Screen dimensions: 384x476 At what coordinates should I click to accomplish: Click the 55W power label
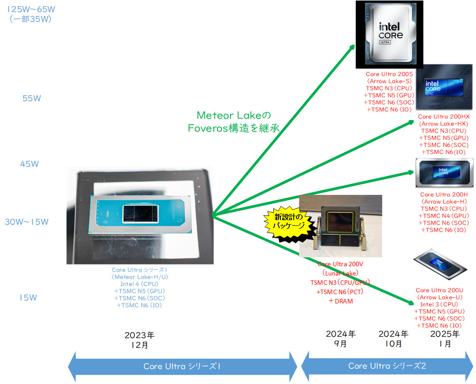31,98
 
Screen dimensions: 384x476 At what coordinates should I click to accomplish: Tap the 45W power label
30,164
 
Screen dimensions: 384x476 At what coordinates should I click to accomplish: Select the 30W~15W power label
27,222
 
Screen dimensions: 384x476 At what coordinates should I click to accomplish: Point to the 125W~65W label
30,9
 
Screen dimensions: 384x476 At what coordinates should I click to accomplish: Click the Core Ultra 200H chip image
444,173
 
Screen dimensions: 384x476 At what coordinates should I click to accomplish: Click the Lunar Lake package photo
341,226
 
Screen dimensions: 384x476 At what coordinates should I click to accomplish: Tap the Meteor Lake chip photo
140,216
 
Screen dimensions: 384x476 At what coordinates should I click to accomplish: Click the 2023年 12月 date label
139,340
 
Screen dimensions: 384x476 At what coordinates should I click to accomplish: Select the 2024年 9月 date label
341,338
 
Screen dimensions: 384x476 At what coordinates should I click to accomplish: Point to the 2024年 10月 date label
393,338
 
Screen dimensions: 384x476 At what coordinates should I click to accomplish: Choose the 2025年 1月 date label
445,338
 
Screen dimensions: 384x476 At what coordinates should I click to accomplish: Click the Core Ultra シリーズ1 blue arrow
182,366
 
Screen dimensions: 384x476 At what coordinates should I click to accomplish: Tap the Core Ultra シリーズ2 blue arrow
387,366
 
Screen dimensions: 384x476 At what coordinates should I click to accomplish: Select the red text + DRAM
341,301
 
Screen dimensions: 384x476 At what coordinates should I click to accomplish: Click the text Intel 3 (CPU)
440,304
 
